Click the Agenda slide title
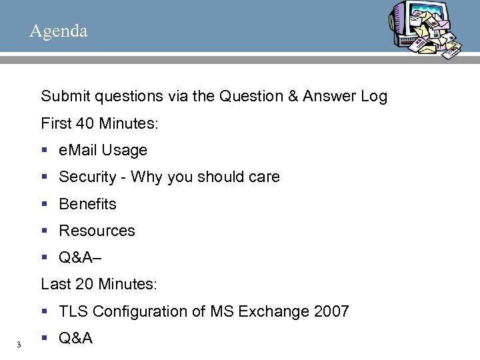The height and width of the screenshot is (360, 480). [x=58, y=31]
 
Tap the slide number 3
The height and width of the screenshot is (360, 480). [x=19, y=344]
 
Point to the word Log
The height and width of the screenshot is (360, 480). [x=373, y=97]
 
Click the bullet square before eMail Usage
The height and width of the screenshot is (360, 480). [x=44, y=151]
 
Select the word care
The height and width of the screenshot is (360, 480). [x=264, y=177]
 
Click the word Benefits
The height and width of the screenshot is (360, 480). [x=87, y=204]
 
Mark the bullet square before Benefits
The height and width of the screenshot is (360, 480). [x=44, y=204]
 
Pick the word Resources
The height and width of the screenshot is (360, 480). [x=97, y=231]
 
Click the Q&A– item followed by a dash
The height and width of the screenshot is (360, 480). [x=79, y=257]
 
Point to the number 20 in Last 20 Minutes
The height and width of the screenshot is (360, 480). [x=85, y=285]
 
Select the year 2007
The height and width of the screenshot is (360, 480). [x=331, y=311]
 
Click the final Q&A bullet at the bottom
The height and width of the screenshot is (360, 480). [x=75, y=338]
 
